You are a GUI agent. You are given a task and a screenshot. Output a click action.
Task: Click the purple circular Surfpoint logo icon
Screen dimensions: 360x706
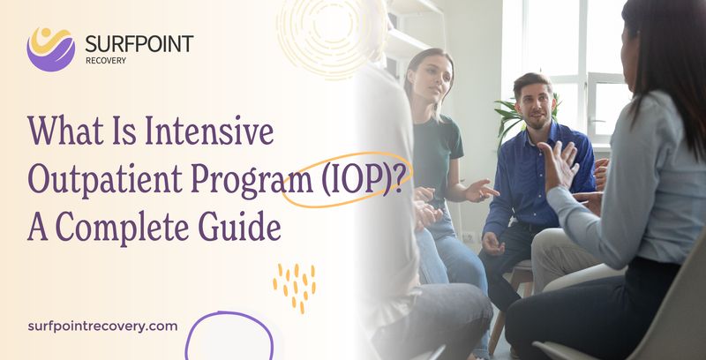click(x=50, y=48)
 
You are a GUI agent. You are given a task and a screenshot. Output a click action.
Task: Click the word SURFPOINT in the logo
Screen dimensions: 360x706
click(x=139, y=43)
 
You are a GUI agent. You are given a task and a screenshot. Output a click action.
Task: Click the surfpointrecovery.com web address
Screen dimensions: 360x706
click(x=103, y=326)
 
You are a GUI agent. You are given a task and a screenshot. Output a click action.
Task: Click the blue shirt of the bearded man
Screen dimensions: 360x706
click(x=529, y=176)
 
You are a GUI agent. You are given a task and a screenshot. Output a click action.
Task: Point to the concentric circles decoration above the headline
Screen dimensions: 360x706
click(x=331, y=35)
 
